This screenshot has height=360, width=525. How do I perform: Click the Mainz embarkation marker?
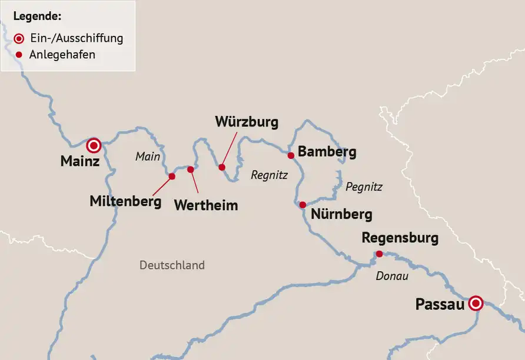pyautogui.click(x=93, y=145)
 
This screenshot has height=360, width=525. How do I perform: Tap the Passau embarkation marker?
pyautogui.click(x=476, y=303)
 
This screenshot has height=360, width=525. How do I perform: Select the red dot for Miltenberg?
pyautogui.click(x=172, y=176)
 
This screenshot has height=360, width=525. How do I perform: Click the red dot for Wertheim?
pyautogui.click(x=191, y=169)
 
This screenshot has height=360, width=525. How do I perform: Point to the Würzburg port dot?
pyautogui.click(x=222, y=167)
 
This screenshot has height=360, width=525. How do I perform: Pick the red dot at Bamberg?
pyautogui.click(x=290, y=155)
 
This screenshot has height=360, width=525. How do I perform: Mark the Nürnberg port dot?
pyautogui.click(x=302, y=205)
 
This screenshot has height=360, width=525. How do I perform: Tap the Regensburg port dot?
pyautogui.click(x=379, y=254)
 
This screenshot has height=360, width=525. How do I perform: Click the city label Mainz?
pyautogui.click(x=80, y=161)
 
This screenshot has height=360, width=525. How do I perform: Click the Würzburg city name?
pyautogui.click(x=246, y=122)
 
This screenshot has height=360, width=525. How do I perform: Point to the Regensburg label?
pyautogui.click(x=400, y=238)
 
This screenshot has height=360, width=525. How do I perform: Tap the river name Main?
pyautogui.click(x=148, y=156)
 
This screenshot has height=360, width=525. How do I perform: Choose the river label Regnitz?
pyautogui.click(x=269, y=175)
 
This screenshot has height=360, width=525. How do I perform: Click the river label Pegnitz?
pyautogui.click(x=364, y=187)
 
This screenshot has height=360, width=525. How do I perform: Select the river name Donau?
pyautogui.click(x=391, y=276)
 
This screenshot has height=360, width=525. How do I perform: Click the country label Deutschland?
pyautogui.click(x=172, y=265)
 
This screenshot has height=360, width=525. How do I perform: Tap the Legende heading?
pyautogui.click(x=37, y=16)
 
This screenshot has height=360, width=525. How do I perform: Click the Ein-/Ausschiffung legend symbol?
pyautogui.click(x=19, y=38)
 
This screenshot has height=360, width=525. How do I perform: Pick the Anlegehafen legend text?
pyautogui.click(x=62, y=55)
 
